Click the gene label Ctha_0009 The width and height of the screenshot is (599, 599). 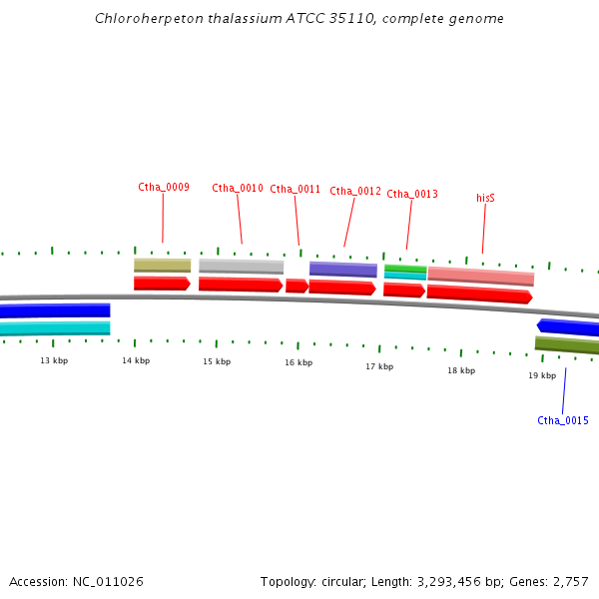coord(164,187)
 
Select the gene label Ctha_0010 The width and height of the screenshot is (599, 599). coord(238,188)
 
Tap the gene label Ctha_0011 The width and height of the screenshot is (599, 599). coord(295,189)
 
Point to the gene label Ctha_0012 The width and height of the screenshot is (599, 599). coord(355,191)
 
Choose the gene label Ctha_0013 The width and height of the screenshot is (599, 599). coord(412,194)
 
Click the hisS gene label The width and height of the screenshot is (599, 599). coord(485,198)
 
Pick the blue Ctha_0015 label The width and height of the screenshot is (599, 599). coord(563,420)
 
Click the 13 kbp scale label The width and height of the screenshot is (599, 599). coord(54,359)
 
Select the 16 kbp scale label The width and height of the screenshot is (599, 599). coord(299,362)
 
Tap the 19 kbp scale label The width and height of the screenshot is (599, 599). coord(542,375)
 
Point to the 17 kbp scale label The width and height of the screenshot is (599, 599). coord(379,366)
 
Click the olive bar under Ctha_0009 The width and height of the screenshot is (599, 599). coord(162,266)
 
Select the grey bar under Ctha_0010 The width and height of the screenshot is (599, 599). coord(241,267)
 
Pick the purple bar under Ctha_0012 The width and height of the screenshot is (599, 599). coord(342,270)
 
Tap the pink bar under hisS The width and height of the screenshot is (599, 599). coord(480,276)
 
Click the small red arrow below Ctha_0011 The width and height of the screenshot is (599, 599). coord(297,286)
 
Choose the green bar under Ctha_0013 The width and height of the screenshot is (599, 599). coord(405,268)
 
